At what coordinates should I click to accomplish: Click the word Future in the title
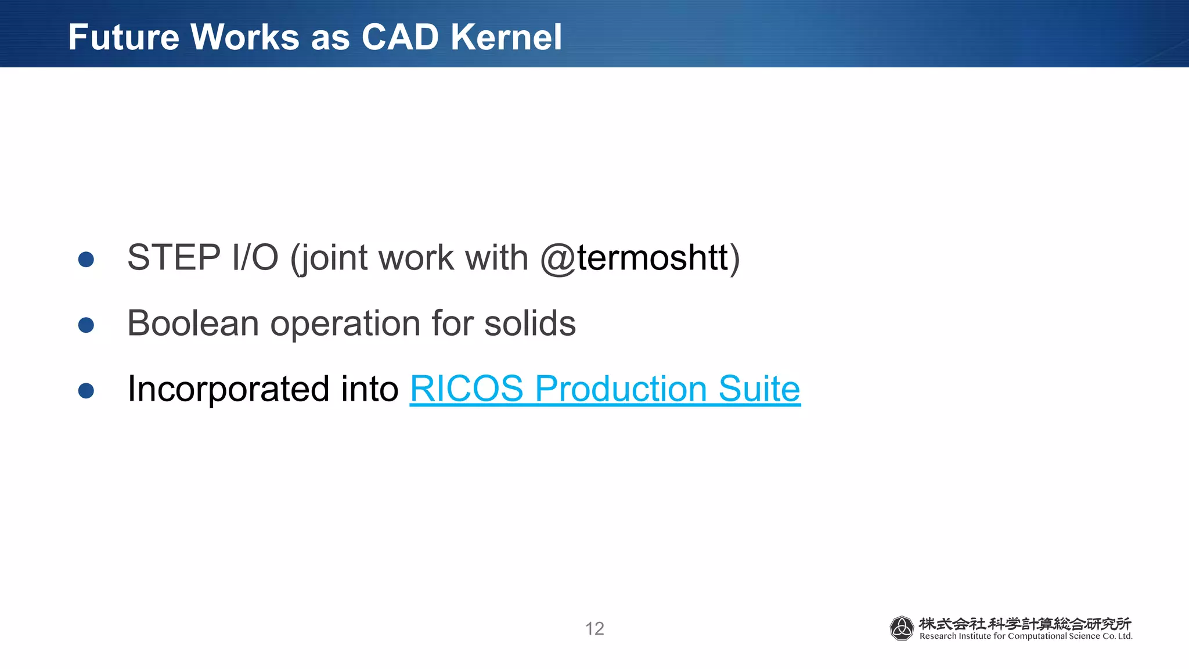[x=124, y=37]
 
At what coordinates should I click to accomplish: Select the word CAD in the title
[x=400, y=37]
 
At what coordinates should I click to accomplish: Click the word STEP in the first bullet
[x=174, y=257]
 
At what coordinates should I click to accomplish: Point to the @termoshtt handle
[x=634, y=257]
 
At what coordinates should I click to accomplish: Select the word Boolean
[x=193, y=323]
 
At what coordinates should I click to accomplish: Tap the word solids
[x=529, y=323]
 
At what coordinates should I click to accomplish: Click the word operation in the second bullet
[x=345, y=324]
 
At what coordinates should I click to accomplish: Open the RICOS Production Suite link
[x=605, y=389]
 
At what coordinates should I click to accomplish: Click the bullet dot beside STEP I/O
[x=86, y=260]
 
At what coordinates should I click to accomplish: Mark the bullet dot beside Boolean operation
[x=86, y=325]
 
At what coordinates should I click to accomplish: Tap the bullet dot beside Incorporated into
[x=86, y=391]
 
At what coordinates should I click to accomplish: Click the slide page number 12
[x=594, y=628]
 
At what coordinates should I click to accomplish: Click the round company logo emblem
[x=902, y=628]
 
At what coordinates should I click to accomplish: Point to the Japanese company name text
[x=1025, y=624]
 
